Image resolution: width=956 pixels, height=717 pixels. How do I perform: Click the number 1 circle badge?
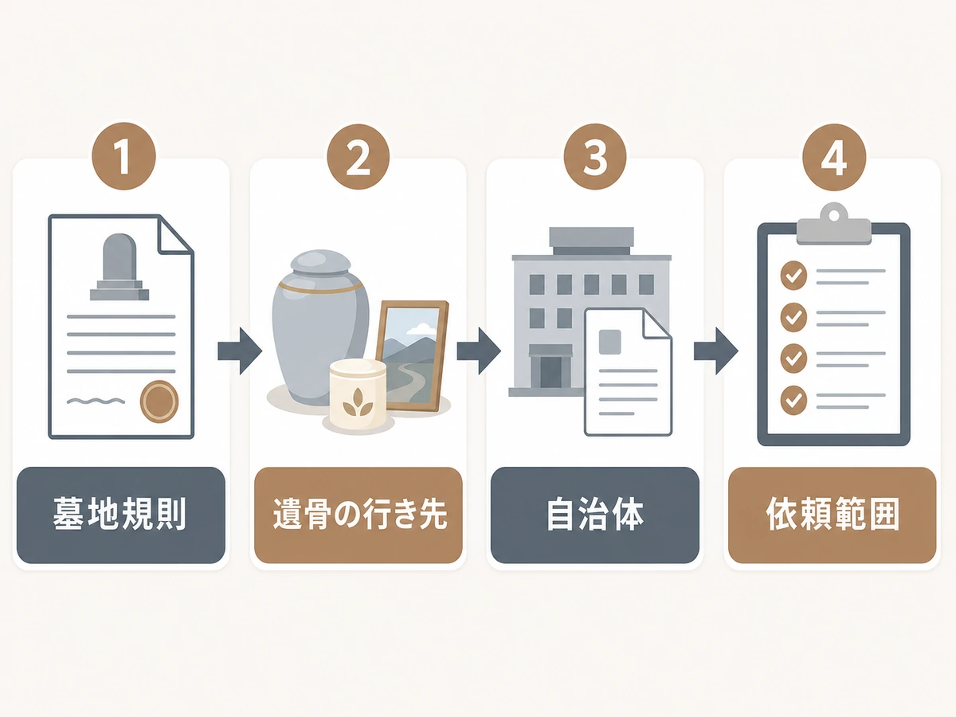click(123, 156)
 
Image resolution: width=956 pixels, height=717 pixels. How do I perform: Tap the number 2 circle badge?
click(358, 157)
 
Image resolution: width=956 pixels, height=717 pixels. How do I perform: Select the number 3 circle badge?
click(595, 157)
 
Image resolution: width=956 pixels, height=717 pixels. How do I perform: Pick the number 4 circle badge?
click(834, 157)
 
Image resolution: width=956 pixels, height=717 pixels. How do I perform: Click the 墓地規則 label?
click(120, 515)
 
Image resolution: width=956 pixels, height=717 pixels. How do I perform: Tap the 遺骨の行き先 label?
click(358, 515)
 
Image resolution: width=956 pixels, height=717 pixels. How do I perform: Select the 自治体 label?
click(595, 515)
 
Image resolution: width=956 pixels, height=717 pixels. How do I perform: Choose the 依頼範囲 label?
click(832, 515)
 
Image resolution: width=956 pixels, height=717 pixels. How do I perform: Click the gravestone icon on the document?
click(119, 267)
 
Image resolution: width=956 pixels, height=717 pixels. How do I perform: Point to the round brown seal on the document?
click(159, 402)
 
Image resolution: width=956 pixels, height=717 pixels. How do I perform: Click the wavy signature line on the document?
click(96, 401)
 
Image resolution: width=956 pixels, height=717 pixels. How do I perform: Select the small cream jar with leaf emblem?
click(358, 394)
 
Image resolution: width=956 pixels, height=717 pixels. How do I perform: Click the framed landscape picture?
click(411, 355)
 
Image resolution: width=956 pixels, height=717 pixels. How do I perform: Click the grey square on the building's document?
click(609, 342)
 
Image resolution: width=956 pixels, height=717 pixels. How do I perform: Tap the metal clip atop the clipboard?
click(833, 224)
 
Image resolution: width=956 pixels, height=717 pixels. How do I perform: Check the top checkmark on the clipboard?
click(793, 276)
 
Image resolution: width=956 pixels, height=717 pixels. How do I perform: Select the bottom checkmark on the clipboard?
click(793, 400)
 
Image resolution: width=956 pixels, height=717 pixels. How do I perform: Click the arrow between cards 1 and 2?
click(240, 351)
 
